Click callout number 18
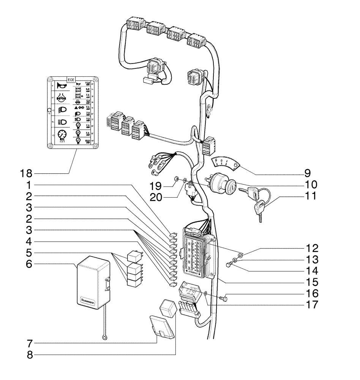pos(26,174)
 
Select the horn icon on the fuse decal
pos(61,86)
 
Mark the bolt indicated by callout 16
pos(224,299)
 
